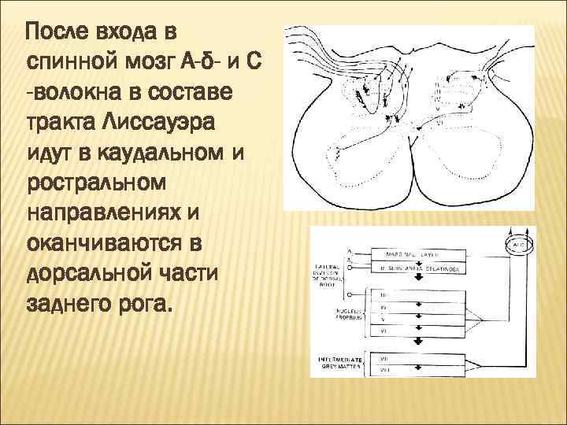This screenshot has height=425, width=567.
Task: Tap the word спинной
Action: (74, 61)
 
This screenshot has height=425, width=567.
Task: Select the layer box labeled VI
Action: (421, 331)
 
